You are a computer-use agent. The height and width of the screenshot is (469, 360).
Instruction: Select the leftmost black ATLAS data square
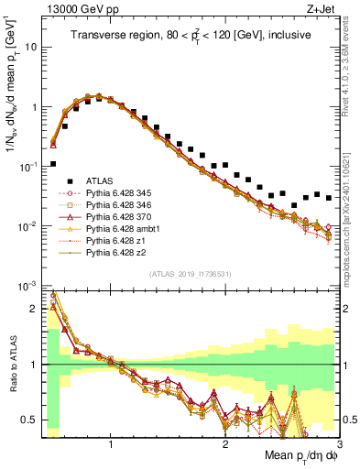click(53, 164)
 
